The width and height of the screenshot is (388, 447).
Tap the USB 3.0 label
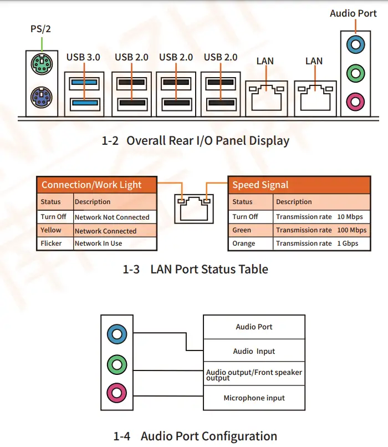click(84, 57)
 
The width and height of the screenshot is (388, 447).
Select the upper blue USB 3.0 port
click(84, 83)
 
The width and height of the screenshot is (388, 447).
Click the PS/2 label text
click(40, 28)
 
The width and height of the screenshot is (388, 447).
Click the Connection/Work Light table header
click(92, 185)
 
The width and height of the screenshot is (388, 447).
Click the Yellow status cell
click(52, 230)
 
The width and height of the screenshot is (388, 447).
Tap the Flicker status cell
click(52, 243)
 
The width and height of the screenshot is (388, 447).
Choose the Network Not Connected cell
click(112, 217)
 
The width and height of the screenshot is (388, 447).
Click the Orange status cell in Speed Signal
click(244, 243)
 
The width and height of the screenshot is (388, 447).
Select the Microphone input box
click(254, 398)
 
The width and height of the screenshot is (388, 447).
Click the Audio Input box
click(254, 351)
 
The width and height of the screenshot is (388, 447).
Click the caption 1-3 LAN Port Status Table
click(195, 270)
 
